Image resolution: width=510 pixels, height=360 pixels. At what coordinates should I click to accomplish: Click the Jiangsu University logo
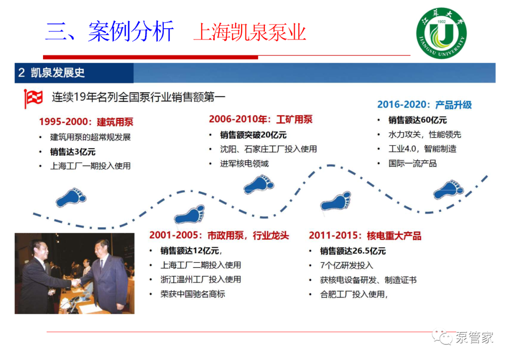point(442,33)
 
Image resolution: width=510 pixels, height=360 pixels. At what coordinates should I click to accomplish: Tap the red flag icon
point(33,99)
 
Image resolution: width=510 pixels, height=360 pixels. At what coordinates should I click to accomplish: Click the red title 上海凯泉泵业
point(250,32)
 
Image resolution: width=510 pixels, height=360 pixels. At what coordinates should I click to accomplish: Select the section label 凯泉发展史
point(58,73)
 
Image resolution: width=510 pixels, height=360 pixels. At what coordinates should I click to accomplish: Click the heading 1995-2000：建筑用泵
point(86,122)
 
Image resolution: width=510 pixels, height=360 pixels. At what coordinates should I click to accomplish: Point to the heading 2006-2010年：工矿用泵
point(261,119)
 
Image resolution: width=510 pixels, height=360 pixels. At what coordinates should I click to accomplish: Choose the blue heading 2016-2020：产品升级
point(425,105)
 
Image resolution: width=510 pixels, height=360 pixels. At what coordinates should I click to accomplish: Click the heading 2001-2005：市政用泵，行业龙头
point(219,235)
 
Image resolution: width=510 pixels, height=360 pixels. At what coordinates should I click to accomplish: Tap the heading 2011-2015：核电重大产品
point(365,235)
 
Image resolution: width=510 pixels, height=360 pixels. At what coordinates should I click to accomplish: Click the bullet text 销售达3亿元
point(73,152)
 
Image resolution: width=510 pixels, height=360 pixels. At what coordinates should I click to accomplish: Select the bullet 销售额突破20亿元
point(253,134)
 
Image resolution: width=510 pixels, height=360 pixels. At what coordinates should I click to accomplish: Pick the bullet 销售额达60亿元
point(417,120)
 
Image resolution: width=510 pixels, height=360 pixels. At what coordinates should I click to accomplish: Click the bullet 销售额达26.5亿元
point(353,251)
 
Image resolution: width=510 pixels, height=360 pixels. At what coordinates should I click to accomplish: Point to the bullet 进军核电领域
point(244,163)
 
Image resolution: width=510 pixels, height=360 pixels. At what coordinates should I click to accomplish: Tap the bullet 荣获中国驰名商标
point(193,294)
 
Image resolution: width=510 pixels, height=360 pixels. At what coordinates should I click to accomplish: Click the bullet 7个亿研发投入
point(347,266)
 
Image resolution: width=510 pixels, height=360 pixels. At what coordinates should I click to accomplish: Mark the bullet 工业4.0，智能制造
point(422,149)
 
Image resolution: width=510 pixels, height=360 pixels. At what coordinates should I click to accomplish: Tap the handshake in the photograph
point(76,282)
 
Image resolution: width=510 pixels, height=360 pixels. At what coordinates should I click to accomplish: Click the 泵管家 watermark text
point(474,337)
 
